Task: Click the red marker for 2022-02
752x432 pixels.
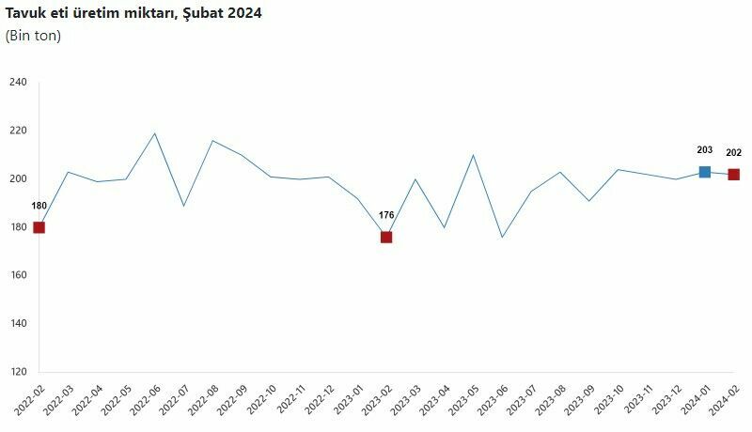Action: [x=39, y=227]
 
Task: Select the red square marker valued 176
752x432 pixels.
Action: [x=386, y=237]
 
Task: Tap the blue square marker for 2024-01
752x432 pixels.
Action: [x=705, y=172]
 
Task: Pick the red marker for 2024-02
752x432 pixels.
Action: [x=734, y=175]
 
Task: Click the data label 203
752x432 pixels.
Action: [x=705, y=150]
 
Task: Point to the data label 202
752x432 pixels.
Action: [x=734, y=153]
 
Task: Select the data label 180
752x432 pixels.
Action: [x=39, y=206]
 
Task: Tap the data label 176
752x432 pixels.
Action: [x=386, y=215]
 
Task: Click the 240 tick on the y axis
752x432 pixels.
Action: [x=19, y=83]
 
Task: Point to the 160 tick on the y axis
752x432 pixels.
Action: [x=19, y=275]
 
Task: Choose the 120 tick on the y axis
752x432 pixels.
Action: [x=19, y=372]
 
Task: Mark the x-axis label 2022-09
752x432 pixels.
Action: [x=231, y=402]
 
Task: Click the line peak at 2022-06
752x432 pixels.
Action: [x=155, y=133]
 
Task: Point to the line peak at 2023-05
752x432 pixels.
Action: [x=473, y=155]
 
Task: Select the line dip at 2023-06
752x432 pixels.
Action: [x=502, y=237]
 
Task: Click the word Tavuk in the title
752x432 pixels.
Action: [x=25, y=13]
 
